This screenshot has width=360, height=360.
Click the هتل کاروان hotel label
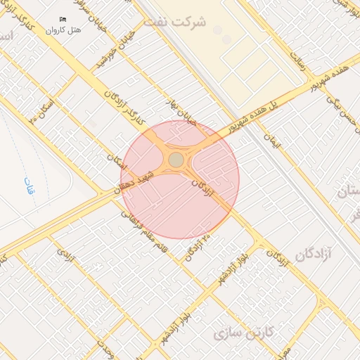(x=64, y=30)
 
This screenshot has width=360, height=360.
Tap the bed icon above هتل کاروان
(x=63, y=19)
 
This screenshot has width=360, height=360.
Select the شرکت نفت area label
(x=175, y=21)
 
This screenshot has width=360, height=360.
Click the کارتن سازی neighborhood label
(x=245, y=330)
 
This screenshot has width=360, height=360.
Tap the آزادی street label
(x=65, y=255)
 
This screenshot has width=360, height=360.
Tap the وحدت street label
(x=106, y=345)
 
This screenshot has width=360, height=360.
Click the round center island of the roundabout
(x=176, y=160)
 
